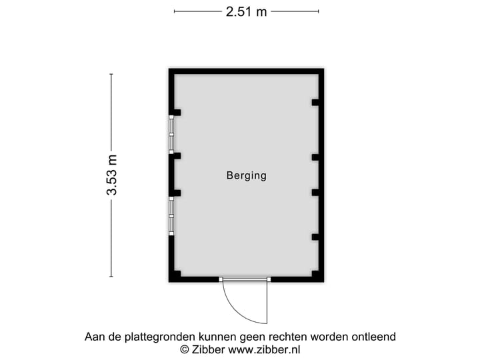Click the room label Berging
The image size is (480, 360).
click(246, 176)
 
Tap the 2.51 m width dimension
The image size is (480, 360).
click(246, 11)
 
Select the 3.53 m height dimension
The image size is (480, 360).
click(111, 175)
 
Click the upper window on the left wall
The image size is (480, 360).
click(171, 134)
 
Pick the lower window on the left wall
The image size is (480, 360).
click(171, 215)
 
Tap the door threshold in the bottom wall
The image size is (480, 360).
click(245, 279)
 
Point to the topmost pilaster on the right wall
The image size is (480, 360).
click(315, 102)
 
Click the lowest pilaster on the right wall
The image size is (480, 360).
click(315, 237)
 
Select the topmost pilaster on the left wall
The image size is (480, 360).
click(176, 112)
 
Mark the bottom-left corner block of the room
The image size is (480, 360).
click(175, 275)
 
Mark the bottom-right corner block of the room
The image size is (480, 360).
click(317, 275)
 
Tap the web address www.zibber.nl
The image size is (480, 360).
click(264, 349)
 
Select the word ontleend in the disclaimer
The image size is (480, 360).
click(373, 337)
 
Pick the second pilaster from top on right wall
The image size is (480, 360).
click(315, 157)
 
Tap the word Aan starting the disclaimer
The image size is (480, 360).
click(95, 337)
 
